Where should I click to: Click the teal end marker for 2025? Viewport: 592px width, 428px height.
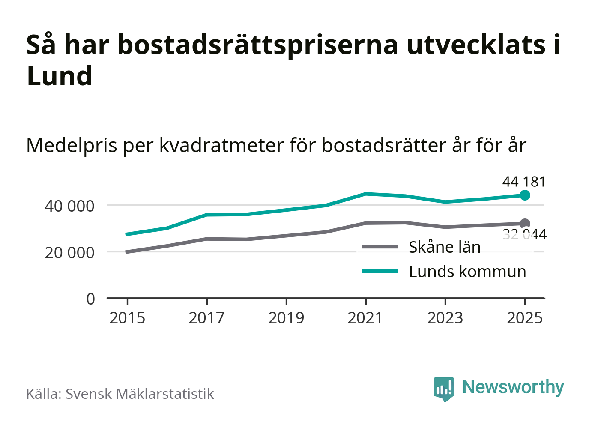point(525,195)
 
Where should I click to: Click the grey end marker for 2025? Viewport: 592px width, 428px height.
point(525,223)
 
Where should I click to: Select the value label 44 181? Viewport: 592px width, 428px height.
point(524,182)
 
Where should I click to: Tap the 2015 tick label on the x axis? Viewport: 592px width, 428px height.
point(127,318)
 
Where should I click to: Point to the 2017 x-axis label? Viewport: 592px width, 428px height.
point(206,318)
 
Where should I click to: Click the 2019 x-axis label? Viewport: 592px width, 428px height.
point(286,318)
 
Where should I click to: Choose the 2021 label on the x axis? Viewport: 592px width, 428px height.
point(365,318)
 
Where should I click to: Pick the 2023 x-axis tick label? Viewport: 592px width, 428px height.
point(445,318)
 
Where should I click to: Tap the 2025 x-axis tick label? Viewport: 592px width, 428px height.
point(525,318)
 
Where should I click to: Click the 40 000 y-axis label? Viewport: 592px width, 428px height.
point(69,206)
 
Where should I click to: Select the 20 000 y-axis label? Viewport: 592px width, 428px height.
point(69,253)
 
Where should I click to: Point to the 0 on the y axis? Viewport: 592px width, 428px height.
point(90,299)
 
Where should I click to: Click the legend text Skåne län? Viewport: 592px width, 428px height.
point(445,247)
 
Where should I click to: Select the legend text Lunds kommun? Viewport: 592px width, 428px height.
point(467,272)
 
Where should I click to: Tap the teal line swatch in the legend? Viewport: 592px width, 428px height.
point(380,272)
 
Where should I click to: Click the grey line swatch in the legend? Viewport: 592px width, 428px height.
point(380,247)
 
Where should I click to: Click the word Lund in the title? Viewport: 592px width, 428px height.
point(59,76)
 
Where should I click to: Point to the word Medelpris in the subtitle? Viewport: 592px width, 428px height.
point(72,146)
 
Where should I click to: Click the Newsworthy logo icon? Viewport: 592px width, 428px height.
point(443,389)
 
